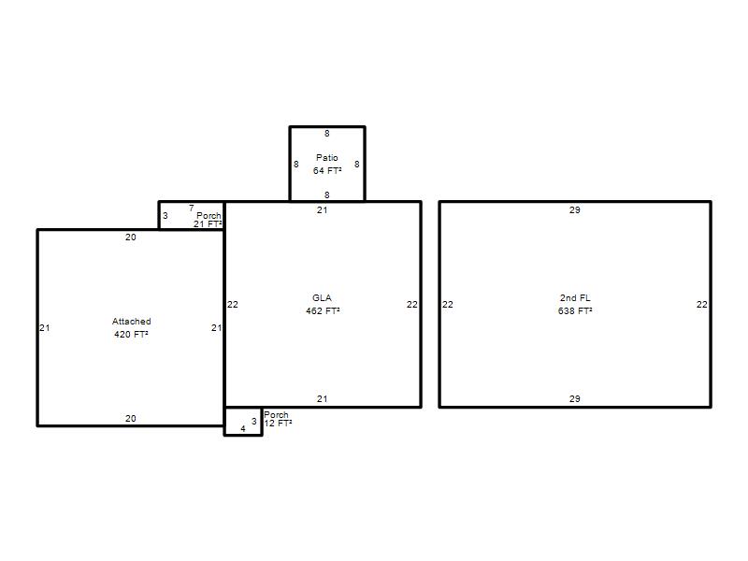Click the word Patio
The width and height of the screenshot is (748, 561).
[x=326, y=157]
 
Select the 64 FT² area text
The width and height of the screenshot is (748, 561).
[x=327, y=170]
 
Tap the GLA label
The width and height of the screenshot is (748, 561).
[x=322, y=297]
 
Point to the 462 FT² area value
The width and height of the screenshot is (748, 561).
[x=323, y=310]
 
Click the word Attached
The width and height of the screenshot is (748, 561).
[x=131, y=321]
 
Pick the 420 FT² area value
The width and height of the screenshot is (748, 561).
[x=131, y=334]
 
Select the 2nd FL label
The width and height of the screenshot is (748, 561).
[x=575, y=297]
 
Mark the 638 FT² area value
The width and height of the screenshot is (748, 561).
[x=575, y=310]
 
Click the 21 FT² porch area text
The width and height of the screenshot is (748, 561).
[x=208, y=223]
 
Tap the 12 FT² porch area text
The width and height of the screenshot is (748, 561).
[x=278, y=424]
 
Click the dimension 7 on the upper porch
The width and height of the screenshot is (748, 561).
[x=192, y=208]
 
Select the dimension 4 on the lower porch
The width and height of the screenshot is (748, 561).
[x=243, y=428]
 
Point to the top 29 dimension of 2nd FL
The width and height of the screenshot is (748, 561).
[x=575, y=209]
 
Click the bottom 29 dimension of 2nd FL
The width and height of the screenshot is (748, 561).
[x=575, y=399]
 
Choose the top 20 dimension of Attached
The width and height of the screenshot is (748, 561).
[x=131, y=237]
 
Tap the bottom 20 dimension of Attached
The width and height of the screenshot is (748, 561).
[x=131, y=418]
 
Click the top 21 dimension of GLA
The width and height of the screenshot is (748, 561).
[x=322, y=209]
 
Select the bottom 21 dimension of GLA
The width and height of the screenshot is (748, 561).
[x=322, y=399]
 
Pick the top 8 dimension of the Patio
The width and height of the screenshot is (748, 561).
[x=326, y=134]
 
